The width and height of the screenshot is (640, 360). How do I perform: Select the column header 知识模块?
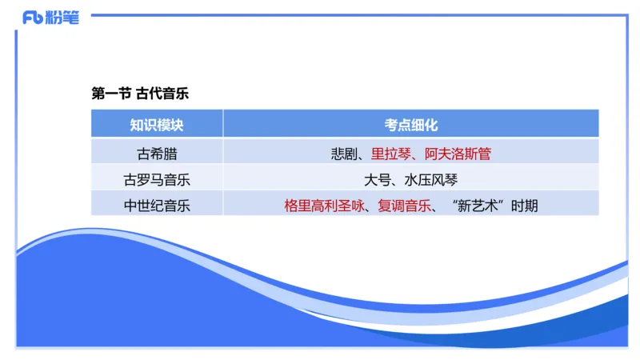[157, 125]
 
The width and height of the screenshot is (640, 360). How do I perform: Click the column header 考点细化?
[410, 125]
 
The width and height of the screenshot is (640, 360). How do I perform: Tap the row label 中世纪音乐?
[157, 206]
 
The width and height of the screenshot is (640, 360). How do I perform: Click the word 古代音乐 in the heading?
[162, 93]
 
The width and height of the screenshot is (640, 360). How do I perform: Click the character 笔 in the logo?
[71, 18]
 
